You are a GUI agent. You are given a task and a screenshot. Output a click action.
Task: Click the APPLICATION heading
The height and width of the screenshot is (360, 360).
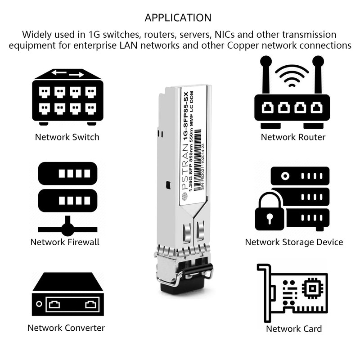pyautogui.click(x=178, y=18)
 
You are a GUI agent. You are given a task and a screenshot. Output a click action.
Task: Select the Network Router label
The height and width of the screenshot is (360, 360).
pyautogui.click(x=293, y=137)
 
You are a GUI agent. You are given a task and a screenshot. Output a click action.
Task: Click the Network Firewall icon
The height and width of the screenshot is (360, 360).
pyautogui.click(x=67, y=198)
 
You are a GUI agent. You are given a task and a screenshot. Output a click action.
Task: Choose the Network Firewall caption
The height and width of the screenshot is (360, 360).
pyautogui.click(x=65, y=242)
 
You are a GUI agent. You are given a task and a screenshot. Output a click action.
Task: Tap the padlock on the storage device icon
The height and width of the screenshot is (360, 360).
pyautogui.click(x=270, y=211)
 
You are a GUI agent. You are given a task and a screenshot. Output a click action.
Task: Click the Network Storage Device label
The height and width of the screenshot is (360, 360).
pyautogui.click(x=294, y=242)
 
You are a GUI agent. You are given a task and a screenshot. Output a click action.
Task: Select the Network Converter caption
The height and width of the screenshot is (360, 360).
pyautogui.click(x=66, y=328)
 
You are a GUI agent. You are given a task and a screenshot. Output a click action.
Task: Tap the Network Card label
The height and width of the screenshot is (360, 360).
pyautogui.click(x=294, y=328)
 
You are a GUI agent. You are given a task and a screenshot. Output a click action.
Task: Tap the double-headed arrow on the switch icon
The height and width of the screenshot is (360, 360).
pyautogui.click(x=67, y=74)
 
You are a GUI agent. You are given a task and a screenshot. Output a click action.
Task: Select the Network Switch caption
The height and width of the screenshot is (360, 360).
pyautogui.click(x=67, y=137)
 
